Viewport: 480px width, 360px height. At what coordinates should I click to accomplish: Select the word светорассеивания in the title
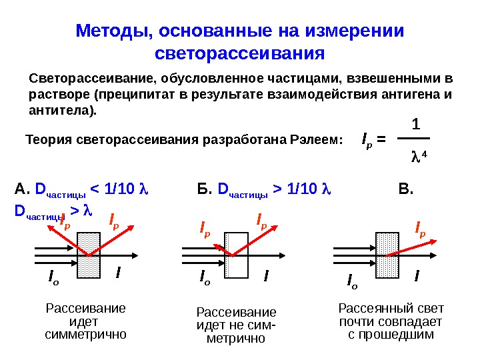point(239,53)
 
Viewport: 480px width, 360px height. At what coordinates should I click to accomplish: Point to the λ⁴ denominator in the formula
point(418,158)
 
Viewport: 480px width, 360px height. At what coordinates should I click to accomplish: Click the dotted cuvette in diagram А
point(89,254)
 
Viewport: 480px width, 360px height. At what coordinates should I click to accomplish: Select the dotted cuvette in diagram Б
point(236,254)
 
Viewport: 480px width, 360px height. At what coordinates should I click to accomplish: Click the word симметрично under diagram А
point(85,333)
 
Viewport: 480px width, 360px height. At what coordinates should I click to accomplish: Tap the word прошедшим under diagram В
point(391,333)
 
